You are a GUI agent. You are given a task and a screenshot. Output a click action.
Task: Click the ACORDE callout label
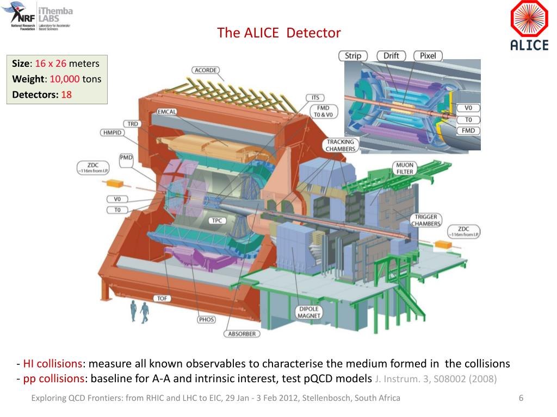click(x=205, y=70)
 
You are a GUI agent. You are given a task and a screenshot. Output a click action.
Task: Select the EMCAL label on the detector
click(x=166, y=112)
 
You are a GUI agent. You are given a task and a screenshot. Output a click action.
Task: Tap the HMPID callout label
click(x=113, y=132)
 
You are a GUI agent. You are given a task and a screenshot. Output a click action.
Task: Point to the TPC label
click(x=216, y=220)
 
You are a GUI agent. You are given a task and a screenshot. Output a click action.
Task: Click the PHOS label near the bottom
click(x=206, y=319)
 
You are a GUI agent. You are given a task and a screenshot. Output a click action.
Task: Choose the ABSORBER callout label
click(x=242, y=333)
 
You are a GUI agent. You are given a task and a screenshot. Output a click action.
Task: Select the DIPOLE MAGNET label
click(x=308, y=312)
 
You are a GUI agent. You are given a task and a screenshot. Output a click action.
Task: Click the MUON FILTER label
click(x=405, y=168)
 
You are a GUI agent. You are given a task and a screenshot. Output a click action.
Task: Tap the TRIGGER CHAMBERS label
click(x=425, y=220)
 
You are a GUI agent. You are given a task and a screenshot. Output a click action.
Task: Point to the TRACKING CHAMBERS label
click(x=341, y=145)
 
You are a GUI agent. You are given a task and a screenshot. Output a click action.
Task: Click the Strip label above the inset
click(x=353, y=55)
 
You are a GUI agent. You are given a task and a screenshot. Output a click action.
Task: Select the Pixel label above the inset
click(x=428, y=55)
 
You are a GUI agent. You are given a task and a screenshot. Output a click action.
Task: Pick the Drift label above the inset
click(x=391, y=55)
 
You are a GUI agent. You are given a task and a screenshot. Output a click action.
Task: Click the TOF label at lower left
click(x=162, y=298)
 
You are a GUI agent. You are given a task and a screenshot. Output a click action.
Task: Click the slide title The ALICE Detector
click(x=278, y=33)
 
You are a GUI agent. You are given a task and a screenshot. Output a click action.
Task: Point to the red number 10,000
click(x=65, y=79)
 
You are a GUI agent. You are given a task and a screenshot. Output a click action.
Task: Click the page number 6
click(x=521, y=398)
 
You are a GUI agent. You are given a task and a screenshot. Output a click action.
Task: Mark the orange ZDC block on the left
click(x=116, y=184)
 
